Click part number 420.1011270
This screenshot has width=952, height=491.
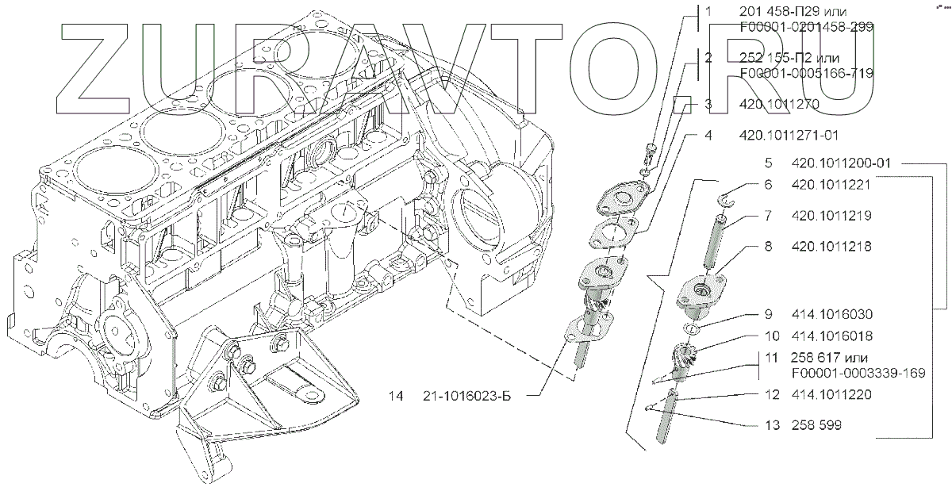(x=779, y=104)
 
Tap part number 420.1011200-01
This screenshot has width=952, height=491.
(x=842, y=163)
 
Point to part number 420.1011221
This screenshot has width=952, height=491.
(x=831, y=186)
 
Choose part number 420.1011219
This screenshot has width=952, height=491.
(x=831, y=216)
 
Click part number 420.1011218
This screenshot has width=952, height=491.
(x=831, y=247)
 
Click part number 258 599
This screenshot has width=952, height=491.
(x=816, y=426)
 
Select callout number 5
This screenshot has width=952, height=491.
(x=769, y=163)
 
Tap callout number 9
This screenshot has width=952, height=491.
(x=769, y=314)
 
